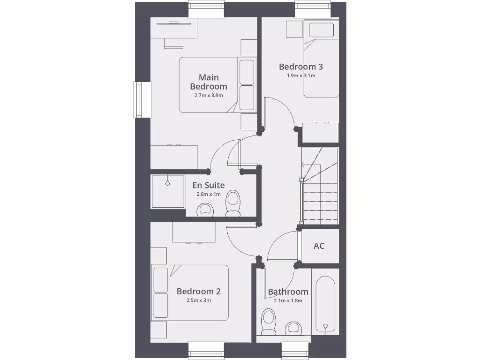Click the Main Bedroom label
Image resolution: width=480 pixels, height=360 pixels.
(x=209, y=82)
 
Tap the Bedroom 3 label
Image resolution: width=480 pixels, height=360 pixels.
(x=301, y=67)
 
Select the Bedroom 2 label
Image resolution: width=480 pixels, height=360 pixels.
(x=198, y=292)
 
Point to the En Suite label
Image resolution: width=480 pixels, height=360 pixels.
(x=209, y=185)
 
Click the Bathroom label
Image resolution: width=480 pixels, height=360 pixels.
(x=288, y=292)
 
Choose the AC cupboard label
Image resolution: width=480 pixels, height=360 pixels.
(x=319, y=246)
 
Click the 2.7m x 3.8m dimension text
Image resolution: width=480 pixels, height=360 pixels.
(x=209, y=95)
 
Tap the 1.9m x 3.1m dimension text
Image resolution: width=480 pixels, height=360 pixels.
(x=301, y=75)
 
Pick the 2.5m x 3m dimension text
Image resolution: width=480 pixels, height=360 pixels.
(x=198, y=300)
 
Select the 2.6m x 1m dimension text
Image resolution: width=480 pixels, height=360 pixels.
(x=209, y=194)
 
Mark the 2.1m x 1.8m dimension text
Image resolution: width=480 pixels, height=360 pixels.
(x=288, y=301)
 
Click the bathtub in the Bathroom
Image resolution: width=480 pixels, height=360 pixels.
(x=325, y=305)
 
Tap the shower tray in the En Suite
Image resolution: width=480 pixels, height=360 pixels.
(x=168, y=192)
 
